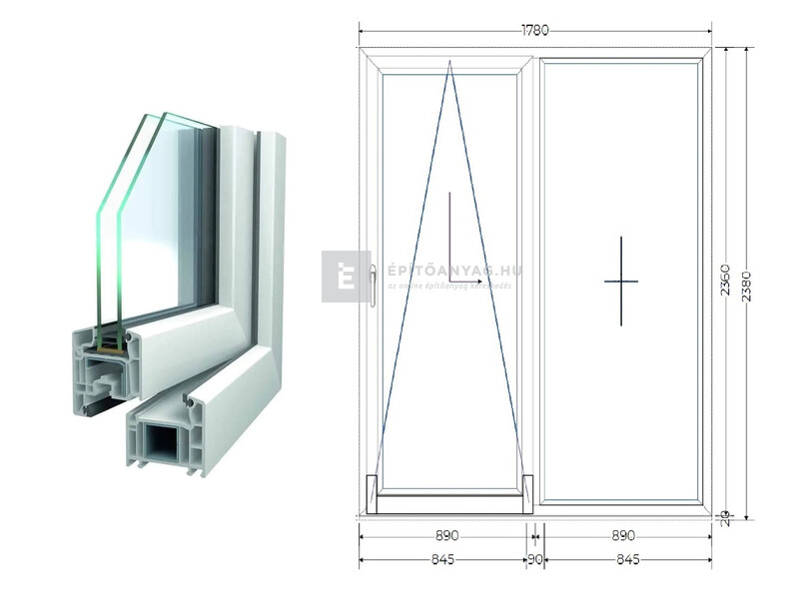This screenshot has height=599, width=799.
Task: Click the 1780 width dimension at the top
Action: [x=534, y=30]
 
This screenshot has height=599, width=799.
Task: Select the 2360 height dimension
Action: [x=725, y=282]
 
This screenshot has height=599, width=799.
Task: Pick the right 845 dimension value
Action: [x=627, y=559]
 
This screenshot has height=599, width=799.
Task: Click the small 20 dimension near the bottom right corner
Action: [x=725, y=516]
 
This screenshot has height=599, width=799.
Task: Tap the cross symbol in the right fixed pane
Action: [x=620, y=281]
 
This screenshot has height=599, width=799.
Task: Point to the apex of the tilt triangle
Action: [x=449, y=62]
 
